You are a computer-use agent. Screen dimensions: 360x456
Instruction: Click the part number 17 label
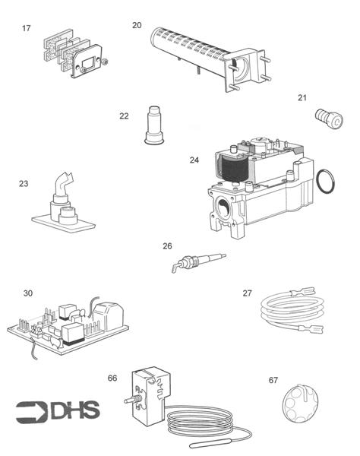pos(26,28)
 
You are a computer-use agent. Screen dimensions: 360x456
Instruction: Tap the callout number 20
pos(137,25)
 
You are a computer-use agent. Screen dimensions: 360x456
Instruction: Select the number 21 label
pos(302,98)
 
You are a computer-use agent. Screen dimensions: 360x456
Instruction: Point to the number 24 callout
pos(194,160)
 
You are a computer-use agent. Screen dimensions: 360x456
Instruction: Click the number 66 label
pos(112,378)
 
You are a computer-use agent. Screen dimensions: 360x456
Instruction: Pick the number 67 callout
pos(273,380)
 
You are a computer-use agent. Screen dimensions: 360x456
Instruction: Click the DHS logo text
pos(75,410)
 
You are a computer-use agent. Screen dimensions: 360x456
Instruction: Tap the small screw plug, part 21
pos(329,119)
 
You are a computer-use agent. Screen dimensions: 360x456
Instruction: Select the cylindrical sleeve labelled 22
pos(154,125)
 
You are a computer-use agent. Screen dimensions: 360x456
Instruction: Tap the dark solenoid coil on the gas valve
pos(234,169)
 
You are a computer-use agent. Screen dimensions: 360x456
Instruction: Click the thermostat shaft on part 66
pos(130,401)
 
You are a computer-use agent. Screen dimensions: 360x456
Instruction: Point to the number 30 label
pos(28,293)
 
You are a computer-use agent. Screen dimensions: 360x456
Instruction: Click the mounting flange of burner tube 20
pos(247,70)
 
